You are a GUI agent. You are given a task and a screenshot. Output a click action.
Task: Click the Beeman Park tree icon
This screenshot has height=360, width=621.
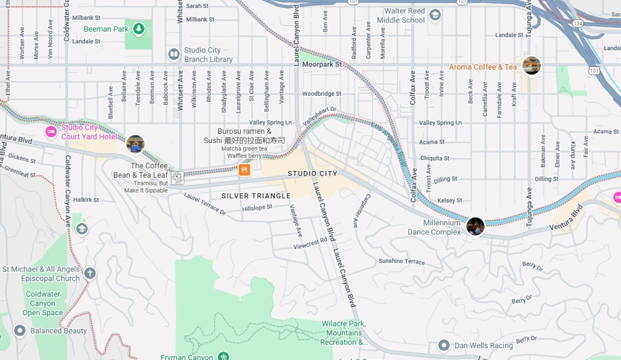[x=139, y=28]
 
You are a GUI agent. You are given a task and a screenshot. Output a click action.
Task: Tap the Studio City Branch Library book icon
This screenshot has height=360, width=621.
[x=174, y=55]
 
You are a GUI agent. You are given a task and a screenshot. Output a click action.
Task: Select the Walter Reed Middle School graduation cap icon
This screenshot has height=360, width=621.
[x=435, y=15]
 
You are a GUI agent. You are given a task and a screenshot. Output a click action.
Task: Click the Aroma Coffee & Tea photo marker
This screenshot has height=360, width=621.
[x=531, y=66]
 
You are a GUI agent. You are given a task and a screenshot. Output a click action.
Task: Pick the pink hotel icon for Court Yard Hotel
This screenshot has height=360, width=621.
[x=51, y=132]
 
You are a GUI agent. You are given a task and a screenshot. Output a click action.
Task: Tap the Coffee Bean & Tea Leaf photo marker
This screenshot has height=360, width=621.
[x=135, y=144]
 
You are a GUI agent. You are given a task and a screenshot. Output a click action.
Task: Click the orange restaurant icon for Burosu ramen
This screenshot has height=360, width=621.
[x=244, y=170]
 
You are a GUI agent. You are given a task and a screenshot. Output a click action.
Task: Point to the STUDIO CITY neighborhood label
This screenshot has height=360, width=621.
[x=312, y=174]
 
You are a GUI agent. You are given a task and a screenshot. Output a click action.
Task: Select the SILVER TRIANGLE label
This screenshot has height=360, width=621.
[x=256, y=196]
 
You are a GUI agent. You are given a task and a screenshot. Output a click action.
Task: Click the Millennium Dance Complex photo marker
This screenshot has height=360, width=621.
[x=475, y=227]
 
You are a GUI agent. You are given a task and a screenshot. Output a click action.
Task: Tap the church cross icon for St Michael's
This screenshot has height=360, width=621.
[x=90, y=273]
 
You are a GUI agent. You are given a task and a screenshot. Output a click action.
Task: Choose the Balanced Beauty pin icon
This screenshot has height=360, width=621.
[x=19, y=330]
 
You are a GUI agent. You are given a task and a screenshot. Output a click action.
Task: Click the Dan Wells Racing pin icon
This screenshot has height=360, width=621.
[x=443, y=345]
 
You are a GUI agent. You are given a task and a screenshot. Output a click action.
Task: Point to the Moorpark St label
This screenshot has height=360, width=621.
[x=322, y=64]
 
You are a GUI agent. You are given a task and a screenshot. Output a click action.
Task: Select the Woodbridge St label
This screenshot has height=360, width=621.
[x=321, y=94]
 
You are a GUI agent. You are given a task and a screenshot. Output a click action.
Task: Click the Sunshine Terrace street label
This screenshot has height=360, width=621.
[x=401, y=261]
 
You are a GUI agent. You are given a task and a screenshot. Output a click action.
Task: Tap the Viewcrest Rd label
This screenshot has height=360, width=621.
[x=310, y=243]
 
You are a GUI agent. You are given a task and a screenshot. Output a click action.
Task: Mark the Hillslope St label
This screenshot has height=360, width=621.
[x=257, y=208]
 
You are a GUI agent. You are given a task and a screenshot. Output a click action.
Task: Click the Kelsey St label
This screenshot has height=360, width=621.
[x=449, y=201]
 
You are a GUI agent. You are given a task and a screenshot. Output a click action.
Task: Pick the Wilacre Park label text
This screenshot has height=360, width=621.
[x=343, y=324]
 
